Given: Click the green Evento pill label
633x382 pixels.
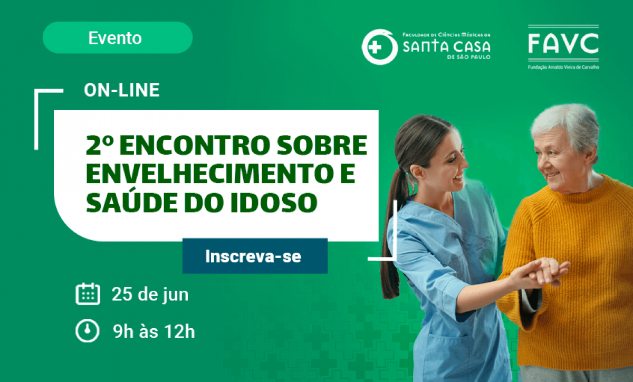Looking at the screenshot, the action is [x=118, y=37].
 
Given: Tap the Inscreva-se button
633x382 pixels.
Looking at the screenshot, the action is [x=255, y=256].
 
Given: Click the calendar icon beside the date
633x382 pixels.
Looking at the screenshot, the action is [x=88, y=294].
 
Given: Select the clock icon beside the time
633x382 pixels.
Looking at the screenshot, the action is [x=88, y=331].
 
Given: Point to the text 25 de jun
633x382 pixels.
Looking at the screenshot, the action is [x=150, y=295].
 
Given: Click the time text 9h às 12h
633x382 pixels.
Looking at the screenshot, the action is [x=154, y=331].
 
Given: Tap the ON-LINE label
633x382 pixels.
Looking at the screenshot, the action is [x=122, y=90].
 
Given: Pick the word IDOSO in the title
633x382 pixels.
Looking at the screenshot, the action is [x=274, y=203].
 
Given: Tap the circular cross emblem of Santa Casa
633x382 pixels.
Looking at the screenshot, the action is [x=379, y=47].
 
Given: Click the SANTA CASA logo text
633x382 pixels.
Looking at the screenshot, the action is [x=446, y=46].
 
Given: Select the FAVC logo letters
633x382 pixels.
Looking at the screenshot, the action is [x=563, y=43].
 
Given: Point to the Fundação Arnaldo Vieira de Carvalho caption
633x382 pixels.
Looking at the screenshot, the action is [x=563, y=68].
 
